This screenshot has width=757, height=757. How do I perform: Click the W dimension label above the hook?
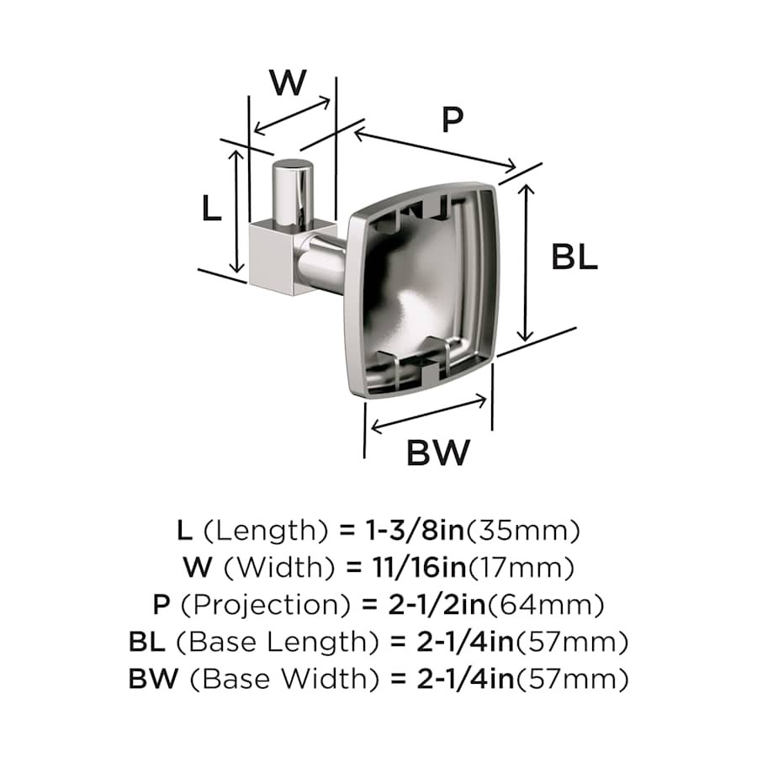[289, 82]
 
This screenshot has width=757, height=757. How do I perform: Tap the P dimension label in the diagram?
[453, 119]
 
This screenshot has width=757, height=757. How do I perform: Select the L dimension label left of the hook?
[211, 209]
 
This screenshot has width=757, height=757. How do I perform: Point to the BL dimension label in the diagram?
[574, 257]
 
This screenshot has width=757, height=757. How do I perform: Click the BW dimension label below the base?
[438, 453]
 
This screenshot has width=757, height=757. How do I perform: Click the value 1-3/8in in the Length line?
[415, 530]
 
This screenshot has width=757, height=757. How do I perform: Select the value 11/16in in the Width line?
[419, 567]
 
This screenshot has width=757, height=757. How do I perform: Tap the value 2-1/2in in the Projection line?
[437, 605]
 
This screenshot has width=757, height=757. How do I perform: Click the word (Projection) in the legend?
[266, 605]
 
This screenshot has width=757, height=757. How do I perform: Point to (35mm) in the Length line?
[522, 531]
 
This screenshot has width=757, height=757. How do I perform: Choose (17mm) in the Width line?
[521, 568]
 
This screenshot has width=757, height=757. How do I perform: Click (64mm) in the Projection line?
[546, 605]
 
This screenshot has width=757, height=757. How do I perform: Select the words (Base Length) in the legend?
[278, 642]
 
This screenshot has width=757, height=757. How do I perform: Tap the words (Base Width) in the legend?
[285, 680]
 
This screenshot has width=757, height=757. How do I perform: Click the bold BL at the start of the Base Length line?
[147, 642]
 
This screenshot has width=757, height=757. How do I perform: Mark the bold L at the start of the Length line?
[185, 530]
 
